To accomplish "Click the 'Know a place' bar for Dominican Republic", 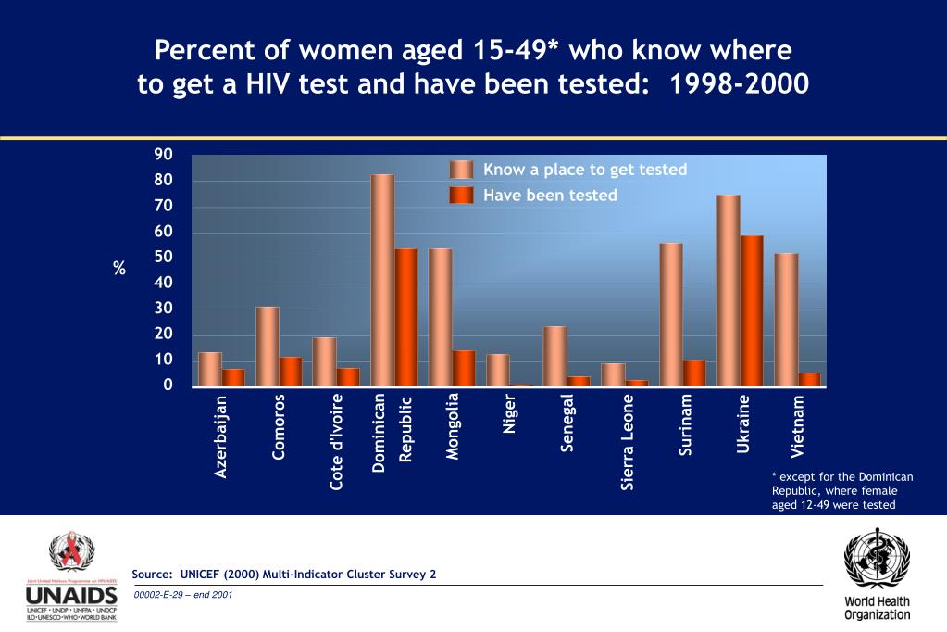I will tap(382, 280).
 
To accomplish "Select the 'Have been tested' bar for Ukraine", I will tap(752, 310).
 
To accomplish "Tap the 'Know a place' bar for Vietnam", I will tap(786, 319).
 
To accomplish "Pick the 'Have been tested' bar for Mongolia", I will tap(464, 368).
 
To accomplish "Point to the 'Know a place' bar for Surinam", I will tap(671, 314).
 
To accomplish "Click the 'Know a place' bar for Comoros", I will tap(268, 346).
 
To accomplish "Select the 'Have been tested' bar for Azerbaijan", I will tap(233, 377).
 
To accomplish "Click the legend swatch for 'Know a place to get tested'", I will tap(461, 170).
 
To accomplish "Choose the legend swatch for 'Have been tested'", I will tap(461, 196).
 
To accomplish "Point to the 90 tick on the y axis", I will tap(163, 154).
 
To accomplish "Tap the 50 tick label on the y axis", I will tap(163, 257).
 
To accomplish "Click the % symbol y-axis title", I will tap(119, 269).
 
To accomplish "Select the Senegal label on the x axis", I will tap(567, 423).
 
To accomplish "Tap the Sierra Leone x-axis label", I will tap(628, 442).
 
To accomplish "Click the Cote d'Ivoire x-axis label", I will tap(337, 442).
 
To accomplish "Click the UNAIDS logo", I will tap(71, 577).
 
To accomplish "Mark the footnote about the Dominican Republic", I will tap(841, 491).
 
